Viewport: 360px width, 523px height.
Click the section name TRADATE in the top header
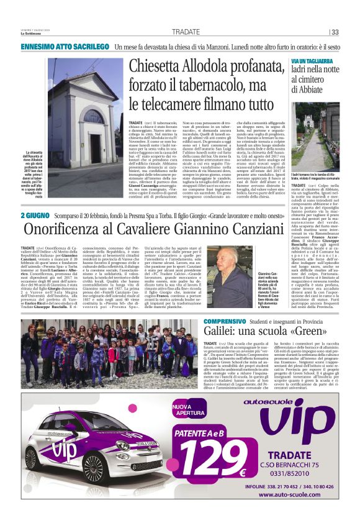click(x=186, y=32)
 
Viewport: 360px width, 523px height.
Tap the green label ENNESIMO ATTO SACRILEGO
click(x=58, y=47)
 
